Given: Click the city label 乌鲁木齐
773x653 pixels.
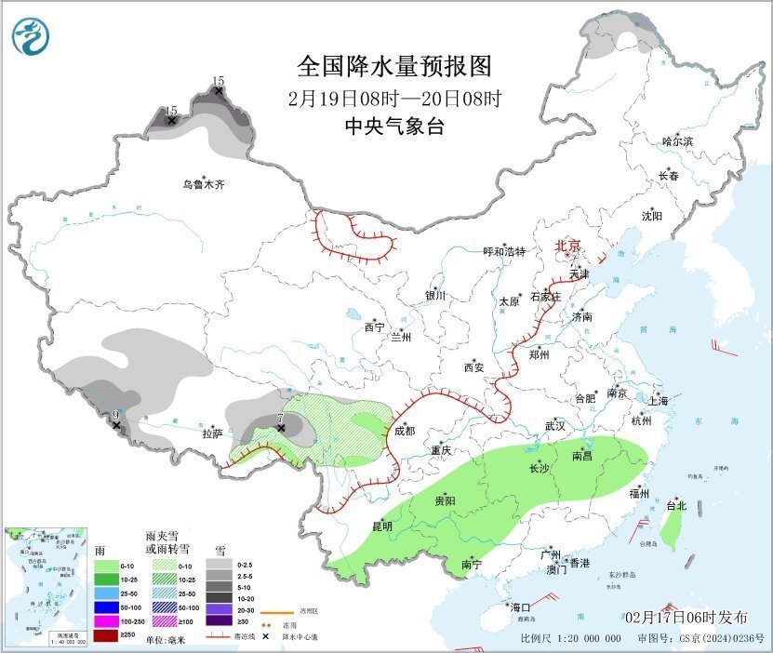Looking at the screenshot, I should pos(203,184).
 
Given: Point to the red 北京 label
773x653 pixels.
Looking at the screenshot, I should pos(567,246).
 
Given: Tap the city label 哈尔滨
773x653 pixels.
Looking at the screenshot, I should pos(677,141).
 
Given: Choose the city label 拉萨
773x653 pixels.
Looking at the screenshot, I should pos(212,433).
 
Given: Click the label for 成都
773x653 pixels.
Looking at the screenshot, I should pos(405,432).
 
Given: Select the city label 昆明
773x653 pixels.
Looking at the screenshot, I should pos(382,526).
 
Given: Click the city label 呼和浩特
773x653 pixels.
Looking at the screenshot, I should pos(504,252).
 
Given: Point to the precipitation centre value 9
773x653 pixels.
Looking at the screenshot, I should pos(115,415).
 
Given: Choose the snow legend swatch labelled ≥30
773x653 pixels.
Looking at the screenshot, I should pos(220,620).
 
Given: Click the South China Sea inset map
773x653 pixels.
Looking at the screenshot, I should pos(45,584).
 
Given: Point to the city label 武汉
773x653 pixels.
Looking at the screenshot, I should pos(554,425).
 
